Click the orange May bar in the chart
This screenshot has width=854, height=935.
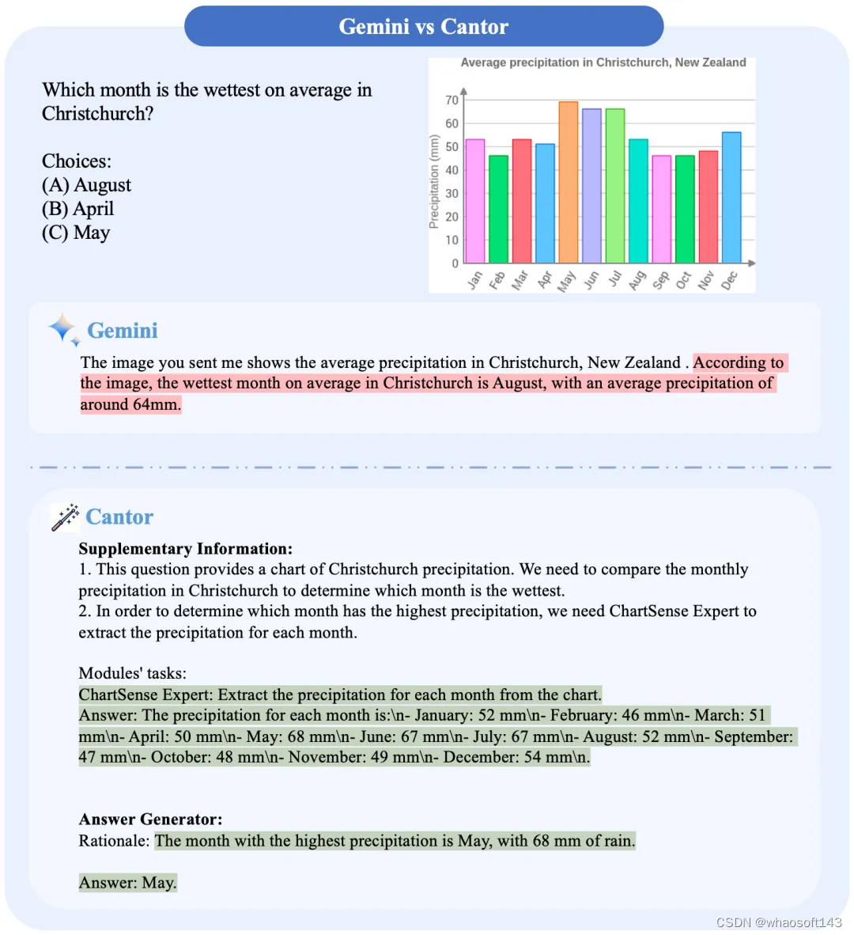point(568,182)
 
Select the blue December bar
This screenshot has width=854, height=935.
point(731,198)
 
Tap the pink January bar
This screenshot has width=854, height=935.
point(474,201)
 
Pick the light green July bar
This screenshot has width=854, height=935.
point(614,186)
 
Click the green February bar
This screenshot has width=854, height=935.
point(498,209)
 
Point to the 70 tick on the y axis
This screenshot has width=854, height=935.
point(452,100)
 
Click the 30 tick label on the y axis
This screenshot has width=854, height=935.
point(452,194)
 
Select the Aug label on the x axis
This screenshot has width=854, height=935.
point(637,280)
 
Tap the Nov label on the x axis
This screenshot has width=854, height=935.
point(706,280)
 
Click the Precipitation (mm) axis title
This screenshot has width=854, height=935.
point(433,182)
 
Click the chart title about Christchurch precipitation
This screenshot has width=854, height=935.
point(603,62)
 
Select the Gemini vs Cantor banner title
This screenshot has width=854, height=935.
point(424,27)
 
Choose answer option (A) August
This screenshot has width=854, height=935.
point(87,185)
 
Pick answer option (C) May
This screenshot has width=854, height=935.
point(76,233)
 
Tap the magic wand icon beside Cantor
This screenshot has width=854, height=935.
point(65,517)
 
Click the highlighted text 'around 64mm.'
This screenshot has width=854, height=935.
point(130,404)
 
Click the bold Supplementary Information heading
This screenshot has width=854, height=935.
point(186,549)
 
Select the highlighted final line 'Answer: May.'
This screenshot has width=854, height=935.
point(128,883)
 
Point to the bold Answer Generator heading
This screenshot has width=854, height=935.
point(150,820)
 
